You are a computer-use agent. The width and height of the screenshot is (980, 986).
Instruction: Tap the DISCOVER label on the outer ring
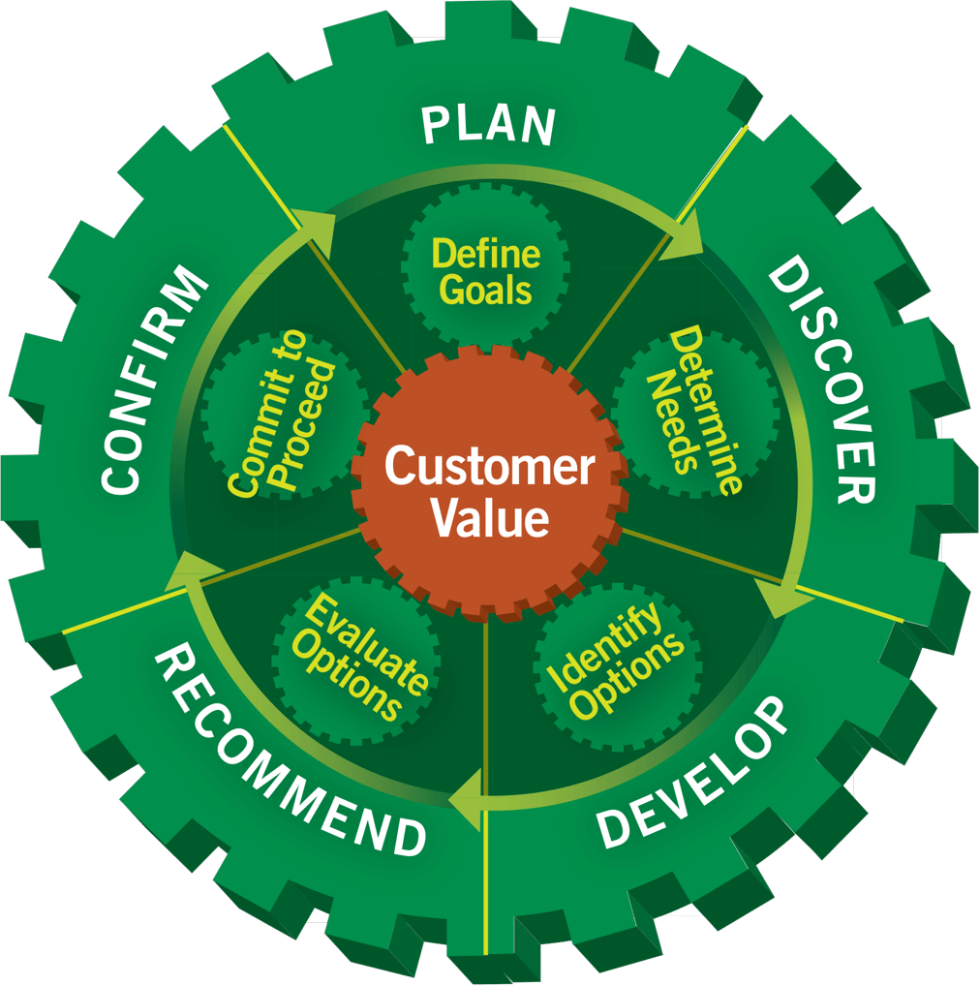(824, 384)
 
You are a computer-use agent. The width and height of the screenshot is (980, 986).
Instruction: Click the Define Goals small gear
(485, 272)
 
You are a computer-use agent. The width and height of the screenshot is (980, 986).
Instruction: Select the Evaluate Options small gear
(354, 659)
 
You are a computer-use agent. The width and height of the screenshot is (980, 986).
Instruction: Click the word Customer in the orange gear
(489, 468)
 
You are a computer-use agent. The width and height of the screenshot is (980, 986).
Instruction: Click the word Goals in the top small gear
(484, 290)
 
